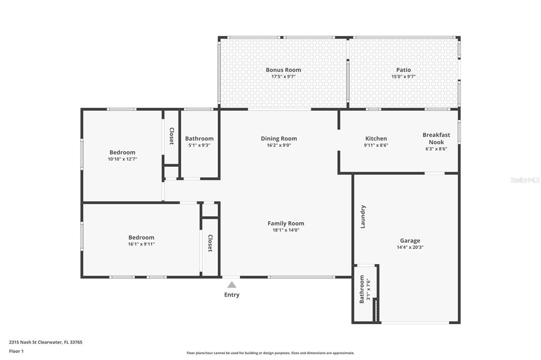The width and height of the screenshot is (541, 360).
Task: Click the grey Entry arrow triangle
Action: [232, 285]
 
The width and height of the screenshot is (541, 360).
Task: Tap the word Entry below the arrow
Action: [232, 295]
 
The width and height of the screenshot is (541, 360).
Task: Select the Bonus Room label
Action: [283, 70]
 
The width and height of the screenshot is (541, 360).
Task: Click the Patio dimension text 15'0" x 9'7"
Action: [403, 77]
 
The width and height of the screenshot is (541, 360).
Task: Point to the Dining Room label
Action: [279, 139]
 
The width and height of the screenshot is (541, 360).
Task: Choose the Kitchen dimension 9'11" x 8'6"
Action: [376, 145]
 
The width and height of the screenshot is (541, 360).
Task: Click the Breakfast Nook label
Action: [436, 138]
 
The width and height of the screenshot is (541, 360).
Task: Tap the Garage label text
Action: [410, 241]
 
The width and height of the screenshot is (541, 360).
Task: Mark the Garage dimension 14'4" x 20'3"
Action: [410, 247]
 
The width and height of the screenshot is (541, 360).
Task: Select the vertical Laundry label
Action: [362, 217]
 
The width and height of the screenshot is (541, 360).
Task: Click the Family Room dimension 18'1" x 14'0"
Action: [286, 230]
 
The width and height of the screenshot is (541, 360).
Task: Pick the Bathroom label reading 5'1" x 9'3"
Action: [199, 139]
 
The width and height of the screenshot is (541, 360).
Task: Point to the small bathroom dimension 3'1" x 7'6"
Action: [368, 289]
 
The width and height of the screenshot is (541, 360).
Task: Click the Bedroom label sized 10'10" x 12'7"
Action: [123, 153]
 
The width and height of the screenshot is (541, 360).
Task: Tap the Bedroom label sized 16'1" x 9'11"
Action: [142, 238]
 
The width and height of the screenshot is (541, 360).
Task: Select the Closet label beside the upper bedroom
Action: [172, 136]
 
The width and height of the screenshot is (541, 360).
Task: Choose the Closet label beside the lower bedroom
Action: [210, 243]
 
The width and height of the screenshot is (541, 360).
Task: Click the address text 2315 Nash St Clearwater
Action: [36, 343]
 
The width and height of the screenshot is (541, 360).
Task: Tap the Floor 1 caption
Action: [16, 352]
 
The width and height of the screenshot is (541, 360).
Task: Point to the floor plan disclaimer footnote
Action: [270, 353]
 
